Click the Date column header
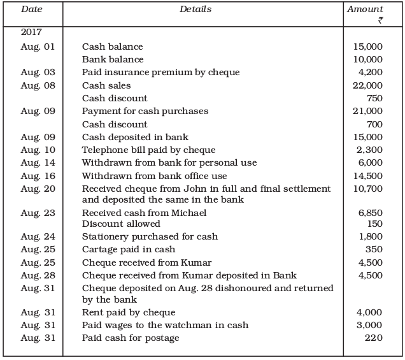[31, 10]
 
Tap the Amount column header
[366, 10]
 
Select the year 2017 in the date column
[32, 32]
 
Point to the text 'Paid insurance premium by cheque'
[160, 73]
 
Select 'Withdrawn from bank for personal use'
[169, 162]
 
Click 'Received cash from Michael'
[144, 213]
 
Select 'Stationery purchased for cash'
[150, 236]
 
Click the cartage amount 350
[374, 249]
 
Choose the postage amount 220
[374, 338]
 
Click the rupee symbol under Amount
[380, 20]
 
